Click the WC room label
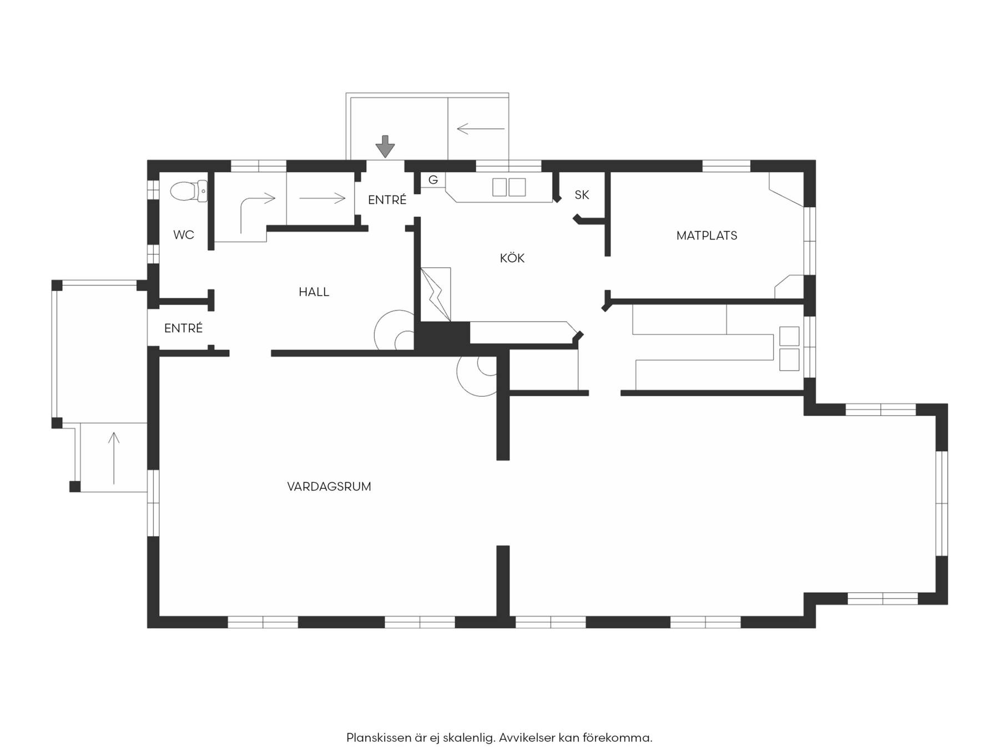pos(184,235)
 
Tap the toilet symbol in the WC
pos(189,191)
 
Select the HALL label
pos(314,292)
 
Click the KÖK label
pos(512,258)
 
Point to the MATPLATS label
pos(707,236)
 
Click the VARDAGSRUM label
pos(329,487)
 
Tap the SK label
pos(582,195)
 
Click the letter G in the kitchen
pos(433,180)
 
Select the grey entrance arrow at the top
pos(385,147)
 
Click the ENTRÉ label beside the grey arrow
pos(387,200)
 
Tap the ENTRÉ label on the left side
pos(184,328)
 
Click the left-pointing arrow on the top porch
pos(481,129)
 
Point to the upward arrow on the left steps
pos(114,458)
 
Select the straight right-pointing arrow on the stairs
pos(322,198)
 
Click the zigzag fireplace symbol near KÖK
pos(436,295)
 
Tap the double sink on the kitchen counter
pos(509,187)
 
